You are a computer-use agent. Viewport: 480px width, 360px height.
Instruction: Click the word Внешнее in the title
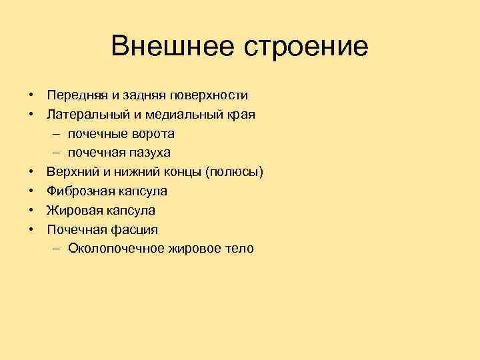pyautogui.click(x=172, y=46)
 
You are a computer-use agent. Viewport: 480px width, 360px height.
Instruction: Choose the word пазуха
pyautogui.click(x=151, y=153)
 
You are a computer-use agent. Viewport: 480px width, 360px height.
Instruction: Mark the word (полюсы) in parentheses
pyautogui.click(x=235, y=172)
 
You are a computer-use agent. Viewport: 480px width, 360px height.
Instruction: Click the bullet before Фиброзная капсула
pyautogui.click(x=31, y=191)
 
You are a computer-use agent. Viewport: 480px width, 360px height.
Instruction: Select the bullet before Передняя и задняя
pyautogui.click(x=31, y=95)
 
